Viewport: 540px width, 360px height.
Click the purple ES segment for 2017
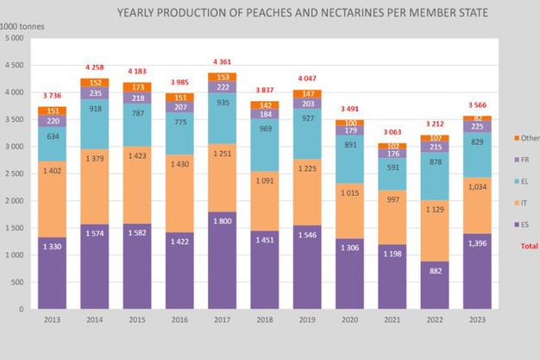222,260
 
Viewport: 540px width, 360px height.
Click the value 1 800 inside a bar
222,223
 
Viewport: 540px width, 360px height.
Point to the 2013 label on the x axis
53,321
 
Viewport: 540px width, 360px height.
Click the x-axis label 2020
348,321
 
